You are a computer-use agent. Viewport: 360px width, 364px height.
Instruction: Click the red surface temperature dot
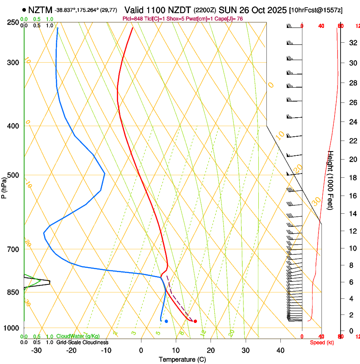click(x=195, y=321)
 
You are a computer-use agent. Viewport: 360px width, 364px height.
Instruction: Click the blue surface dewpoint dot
click(x=166, y=321)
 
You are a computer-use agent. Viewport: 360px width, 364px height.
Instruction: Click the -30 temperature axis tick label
click(x=36, y=350)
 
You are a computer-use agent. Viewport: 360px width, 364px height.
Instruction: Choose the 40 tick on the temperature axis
click(x=280, y=350)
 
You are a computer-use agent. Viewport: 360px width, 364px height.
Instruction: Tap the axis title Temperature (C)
click(x=182, y=359)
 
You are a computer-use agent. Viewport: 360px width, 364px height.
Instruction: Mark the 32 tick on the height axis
click(x=352, y=43)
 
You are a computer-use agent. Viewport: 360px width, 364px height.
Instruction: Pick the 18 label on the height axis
click(x=352, y=178)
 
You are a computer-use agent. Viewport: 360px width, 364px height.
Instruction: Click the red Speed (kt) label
click(x=321, y=342)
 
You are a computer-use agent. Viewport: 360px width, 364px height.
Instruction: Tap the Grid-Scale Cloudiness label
click(x=82, y=342)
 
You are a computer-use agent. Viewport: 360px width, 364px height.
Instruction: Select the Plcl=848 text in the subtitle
click(x=132, y=19)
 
